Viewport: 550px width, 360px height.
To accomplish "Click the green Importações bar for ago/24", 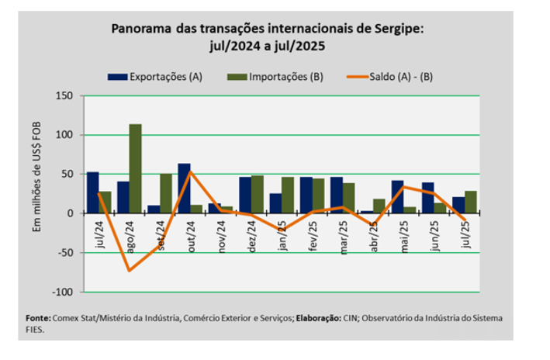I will (135, 168).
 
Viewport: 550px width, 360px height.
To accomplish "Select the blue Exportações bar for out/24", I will (184, 189).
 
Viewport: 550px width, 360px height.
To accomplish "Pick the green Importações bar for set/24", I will (165, 193).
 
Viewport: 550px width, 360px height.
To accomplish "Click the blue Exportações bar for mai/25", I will (397, 197).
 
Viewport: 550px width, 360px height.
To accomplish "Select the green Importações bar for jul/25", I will (470, 202).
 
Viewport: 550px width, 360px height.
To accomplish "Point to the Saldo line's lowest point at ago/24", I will (129, 270).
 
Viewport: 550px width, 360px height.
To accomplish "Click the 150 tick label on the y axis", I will (64, 96).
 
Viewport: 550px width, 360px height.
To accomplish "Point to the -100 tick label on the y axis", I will (61, 292).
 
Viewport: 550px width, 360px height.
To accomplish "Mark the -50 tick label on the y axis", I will (64, 253).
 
